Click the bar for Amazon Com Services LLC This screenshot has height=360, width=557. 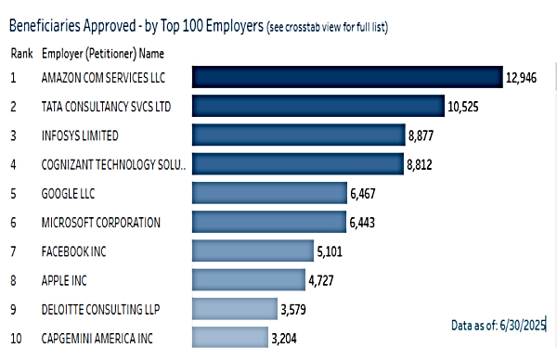click(345, 77)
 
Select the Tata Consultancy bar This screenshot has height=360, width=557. click(317, 106)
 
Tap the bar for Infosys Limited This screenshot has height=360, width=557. click(297, 135)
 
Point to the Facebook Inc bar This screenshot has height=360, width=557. click(253, 251)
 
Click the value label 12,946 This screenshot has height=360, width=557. click(522, 78)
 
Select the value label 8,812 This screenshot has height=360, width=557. click(421, 165)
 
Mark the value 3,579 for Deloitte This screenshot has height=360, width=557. click(298, 308)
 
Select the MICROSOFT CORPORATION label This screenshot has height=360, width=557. click(101, 223)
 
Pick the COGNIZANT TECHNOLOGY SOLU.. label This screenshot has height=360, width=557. click(113, 165)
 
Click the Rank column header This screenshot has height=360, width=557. click(21, 53)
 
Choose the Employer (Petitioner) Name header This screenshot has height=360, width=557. click(103, 53)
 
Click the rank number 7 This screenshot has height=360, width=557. click(14, 251)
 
